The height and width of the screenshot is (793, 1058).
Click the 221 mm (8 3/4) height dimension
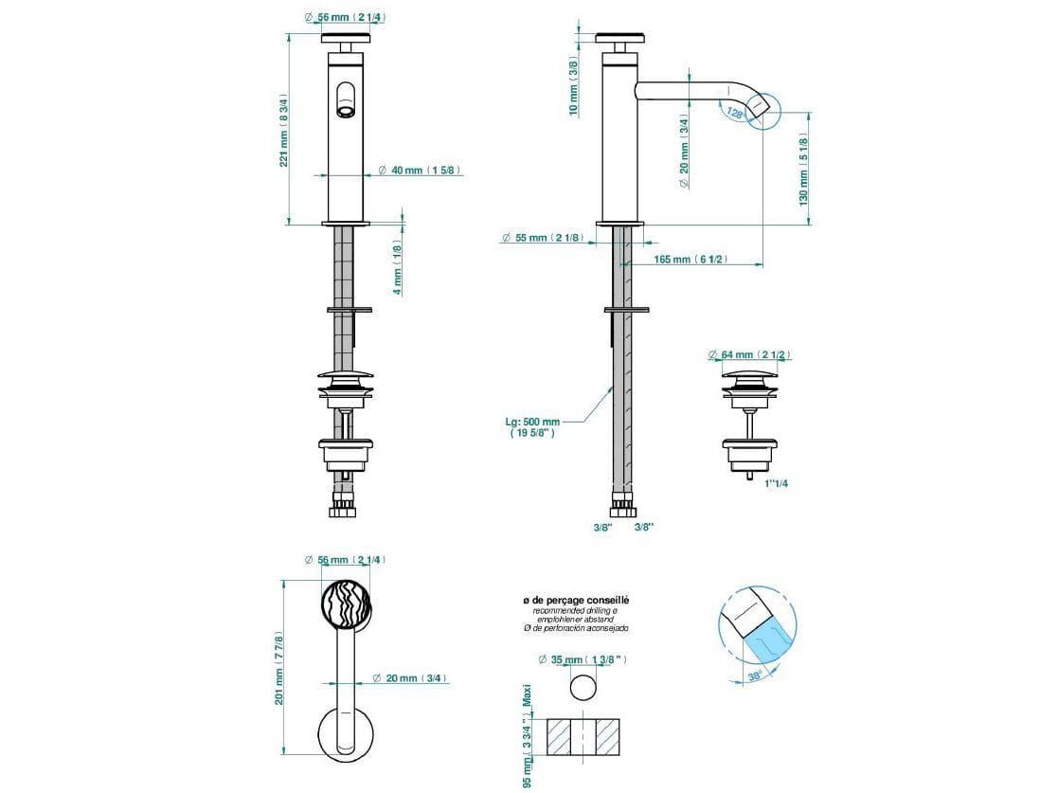pyautogui.click(x=283, y=130)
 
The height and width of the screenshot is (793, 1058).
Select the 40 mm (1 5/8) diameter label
pyautogui.click(x=420, y=171)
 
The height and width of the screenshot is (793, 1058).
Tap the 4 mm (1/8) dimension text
pyautogui.click(x=398, y=266)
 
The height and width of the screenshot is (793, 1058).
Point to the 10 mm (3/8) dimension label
pyautogui.click(x=573, y=86)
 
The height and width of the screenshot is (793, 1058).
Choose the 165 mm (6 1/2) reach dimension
pyautogui.click(x=691, y=260)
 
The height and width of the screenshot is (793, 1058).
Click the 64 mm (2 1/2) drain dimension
pyautogui.click(x=756, y=355)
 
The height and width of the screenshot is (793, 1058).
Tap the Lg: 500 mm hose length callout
pyautogui.click(x=533, y=427)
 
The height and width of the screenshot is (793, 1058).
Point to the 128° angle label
pyautogui.click(x=734, y=113)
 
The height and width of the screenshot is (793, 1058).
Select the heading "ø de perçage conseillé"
pyautogui.click(x=576, y=600)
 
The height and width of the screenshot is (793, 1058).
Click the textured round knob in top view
pyautogui.click(x=346, y=604)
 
